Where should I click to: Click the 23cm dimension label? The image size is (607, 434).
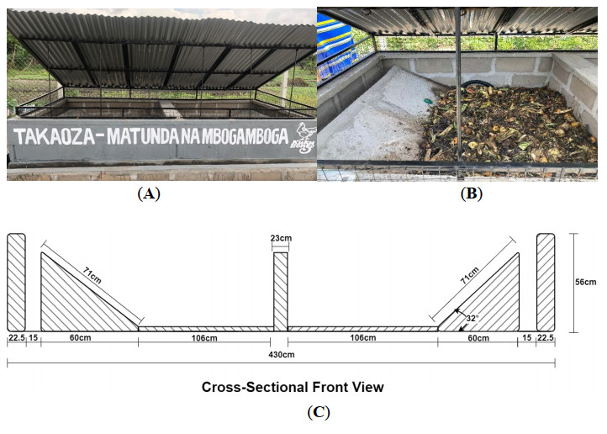(x=281, y=238)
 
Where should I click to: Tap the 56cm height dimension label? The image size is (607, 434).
(x=586, y=283)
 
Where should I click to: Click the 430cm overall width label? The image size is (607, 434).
(x=281, y=355)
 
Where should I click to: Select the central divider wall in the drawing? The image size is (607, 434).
(x=281, y=290)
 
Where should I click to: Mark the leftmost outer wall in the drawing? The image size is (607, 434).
(x=17, y=282)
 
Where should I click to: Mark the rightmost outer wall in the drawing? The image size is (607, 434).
(x=546, y=282)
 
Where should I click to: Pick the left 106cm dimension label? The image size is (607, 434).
(x=205, y=339)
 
